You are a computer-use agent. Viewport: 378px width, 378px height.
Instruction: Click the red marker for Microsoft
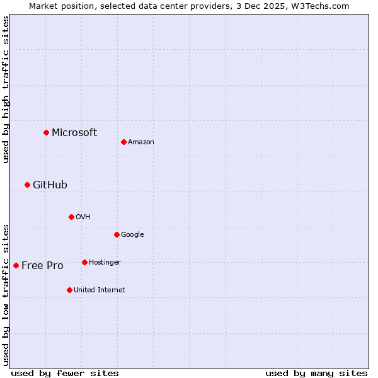pyautogui.click(x=46, y=132)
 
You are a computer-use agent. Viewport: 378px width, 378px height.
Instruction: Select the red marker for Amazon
pyautogui.click(x=123, y=142)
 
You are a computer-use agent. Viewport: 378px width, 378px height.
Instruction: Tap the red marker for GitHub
pyautogui.click(x=27, y=185)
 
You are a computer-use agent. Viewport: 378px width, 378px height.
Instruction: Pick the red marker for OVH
pyautogui.click(x=71, y=217)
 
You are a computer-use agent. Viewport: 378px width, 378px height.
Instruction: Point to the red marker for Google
pyautogui.click(x=117, y=234)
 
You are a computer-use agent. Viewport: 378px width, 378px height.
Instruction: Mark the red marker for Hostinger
pyautogui.click(x=84, y=262)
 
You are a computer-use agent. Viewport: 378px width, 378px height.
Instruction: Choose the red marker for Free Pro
pyautogui.click(x=16, y=265)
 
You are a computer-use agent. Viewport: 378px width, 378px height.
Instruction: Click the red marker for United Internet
pyautogui.click(x=69, y=290)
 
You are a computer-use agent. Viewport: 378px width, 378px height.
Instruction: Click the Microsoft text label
pyautogui.click(x=74, y=132)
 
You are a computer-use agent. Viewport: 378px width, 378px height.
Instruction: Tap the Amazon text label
pyautogui.click(x=141, y=142)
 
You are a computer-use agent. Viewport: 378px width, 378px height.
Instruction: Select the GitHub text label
pyautogui.click(x=50, y=185)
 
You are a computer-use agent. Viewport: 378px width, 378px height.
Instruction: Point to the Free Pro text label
pyautogui.click(x=42, y=265)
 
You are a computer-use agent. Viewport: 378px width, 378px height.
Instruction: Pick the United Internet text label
pyautogui.click(x=100, y=290)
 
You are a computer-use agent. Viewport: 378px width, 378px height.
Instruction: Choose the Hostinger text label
pyautogui.click(x=105, y=262)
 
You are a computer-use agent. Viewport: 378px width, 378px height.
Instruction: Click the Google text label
pyautogui.click(x=132, y=234)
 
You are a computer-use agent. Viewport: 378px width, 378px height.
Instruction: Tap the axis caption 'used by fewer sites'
pyautogui.click(x=65, y=373)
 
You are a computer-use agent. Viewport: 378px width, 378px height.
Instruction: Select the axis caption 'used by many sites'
pyautogui.click(x=316, y=373)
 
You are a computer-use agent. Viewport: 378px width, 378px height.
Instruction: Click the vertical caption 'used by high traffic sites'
pyautogui.click(x=6, y=89)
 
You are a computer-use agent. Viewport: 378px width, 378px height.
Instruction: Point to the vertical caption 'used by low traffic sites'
pyautogui.click(x=6, y=295)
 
